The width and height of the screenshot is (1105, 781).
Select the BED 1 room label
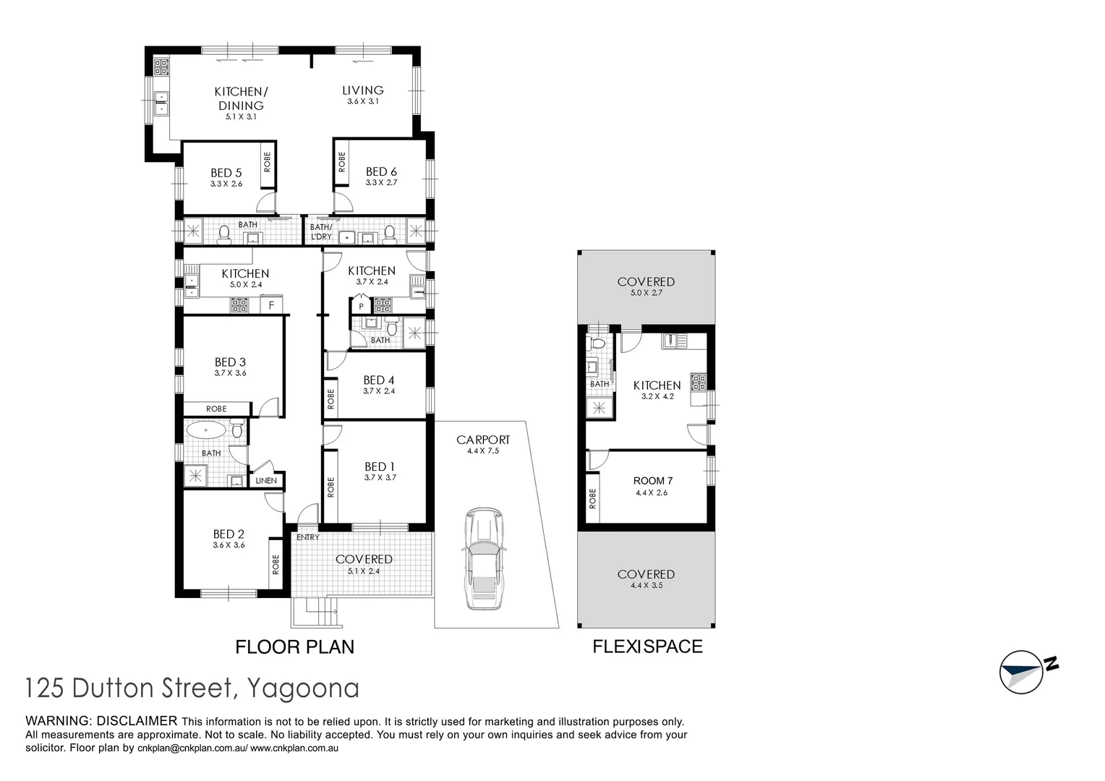coord(380,466)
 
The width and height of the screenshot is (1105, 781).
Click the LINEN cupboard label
coord(266,480)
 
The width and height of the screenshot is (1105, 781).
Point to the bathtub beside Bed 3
coord(207,432)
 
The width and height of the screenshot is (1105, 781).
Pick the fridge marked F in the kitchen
coord(271,305)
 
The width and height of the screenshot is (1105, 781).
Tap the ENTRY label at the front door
coord(307,537)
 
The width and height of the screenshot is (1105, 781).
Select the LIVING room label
coord(362,90)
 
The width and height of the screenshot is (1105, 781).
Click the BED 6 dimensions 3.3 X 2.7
coord(381,183)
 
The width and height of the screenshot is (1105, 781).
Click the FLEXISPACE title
coord(647,646)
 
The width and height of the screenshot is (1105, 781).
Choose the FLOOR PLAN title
coord(294,646)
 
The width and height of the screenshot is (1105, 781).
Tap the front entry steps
coord(315,613)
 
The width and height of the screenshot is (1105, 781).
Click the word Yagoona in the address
coord(303,688)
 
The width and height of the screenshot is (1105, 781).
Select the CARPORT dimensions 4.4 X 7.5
coord(483,451)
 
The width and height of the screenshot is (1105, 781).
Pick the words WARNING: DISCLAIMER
coord(101,721)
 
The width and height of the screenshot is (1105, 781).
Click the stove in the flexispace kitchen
coord(698,381)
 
